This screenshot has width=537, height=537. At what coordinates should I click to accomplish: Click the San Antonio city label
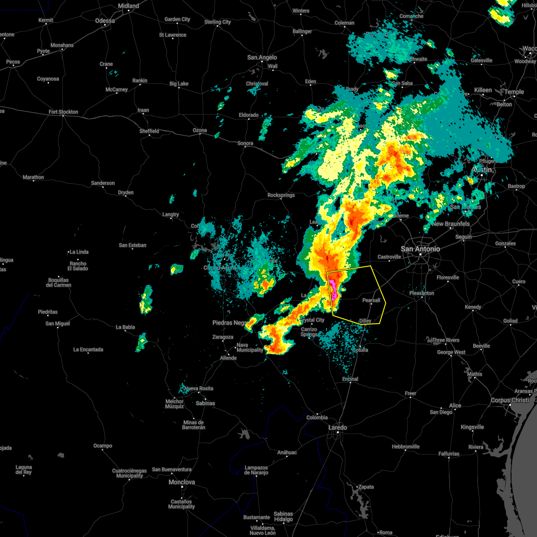pos(420,249)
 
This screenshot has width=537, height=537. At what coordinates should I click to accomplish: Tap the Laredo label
pos(337,427)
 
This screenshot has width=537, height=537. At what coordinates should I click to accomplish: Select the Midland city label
pos(128,6)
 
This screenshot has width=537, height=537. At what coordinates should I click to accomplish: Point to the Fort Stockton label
pos(63,112)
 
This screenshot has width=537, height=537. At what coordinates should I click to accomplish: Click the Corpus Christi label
pos(510,401)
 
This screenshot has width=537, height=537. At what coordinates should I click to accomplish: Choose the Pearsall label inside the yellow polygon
pos(371,300)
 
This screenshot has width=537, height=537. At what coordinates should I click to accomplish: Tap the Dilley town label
pos(365,321)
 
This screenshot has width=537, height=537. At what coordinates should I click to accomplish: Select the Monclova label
pos(182,482)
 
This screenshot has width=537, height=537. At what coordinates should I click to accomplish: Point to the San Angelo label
pos(262,57)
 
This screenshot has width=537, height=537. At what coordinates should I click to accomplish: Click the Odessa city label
pos(105,21)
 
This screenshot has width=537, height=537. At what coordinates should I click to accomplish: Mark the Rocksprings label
pos(281,195)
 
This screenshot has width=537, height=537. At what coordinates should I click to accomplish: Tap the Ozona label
pos(200,130)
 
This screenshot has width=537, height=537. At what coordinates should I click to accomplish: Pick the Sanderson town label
pos(103,183)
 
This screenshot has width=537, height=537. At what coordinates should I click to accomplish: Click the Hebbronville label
pos(405,447)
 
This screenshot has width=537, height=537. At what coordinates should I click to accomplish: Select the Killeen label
pos(483,90)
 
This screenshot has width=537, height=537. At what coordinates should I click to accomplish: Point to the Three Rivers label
pos(446,340)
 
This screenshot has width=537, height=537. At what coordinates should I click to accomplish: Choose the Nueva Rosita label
pos(199,388)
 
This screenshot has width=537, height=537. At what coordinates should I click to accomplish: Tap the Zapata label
pos(366,487)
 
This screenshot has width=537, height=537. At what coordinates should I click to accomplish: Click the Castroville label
pos(389,257)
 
